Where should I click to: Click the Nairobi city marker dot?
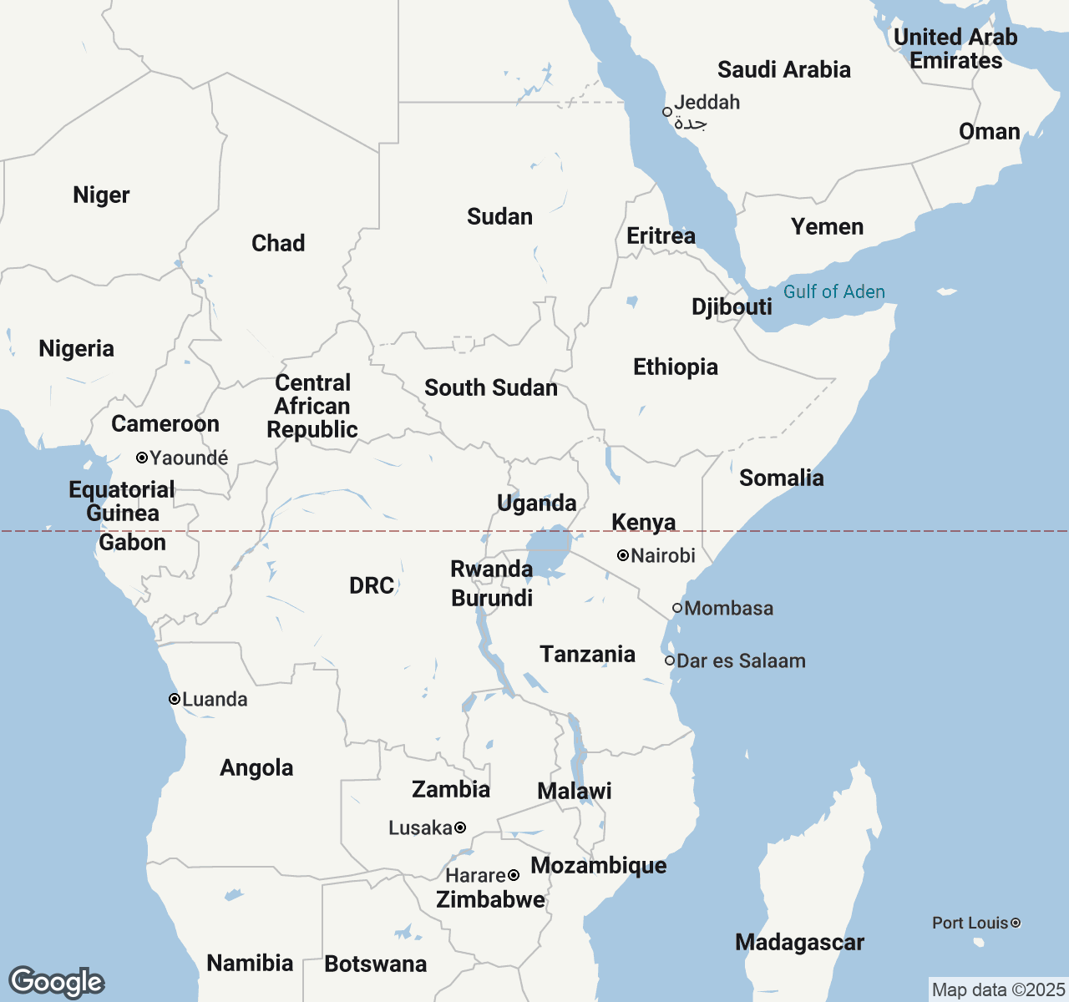(623, 555)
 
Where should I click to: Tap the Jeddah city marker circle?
(667, 112)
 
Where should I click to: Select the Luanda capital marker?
(175, 699)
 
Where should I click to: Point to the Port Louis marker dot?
(1016, 923)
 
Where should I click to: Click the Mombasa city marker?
(677, 608)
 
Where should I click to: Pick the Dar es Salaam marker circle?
(670, 660)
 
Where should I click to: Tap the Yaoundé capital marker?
(142, 458)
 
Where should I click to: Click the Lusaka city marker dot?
(460, 827)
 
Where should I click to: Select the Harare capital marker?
(514, 875)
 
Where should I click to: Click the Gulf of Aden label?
(833, 291)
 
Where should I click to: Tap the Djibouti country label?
(732, 306)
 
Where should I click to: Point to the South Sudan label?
(490, 387)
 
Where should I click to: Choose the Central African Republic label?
(312, 406)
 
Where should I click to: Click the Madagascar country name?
(799, 942)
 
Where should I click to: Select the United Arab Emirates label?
(955, 48)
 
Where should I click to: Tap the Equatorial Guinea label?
(122, 501)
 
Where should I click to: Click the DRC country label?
(372, 585)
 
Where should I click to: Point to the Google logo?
(56, 982)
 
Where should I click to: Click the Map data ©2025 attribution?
(998, 989)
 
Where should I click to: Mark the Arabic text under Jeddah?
(691, 124)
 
